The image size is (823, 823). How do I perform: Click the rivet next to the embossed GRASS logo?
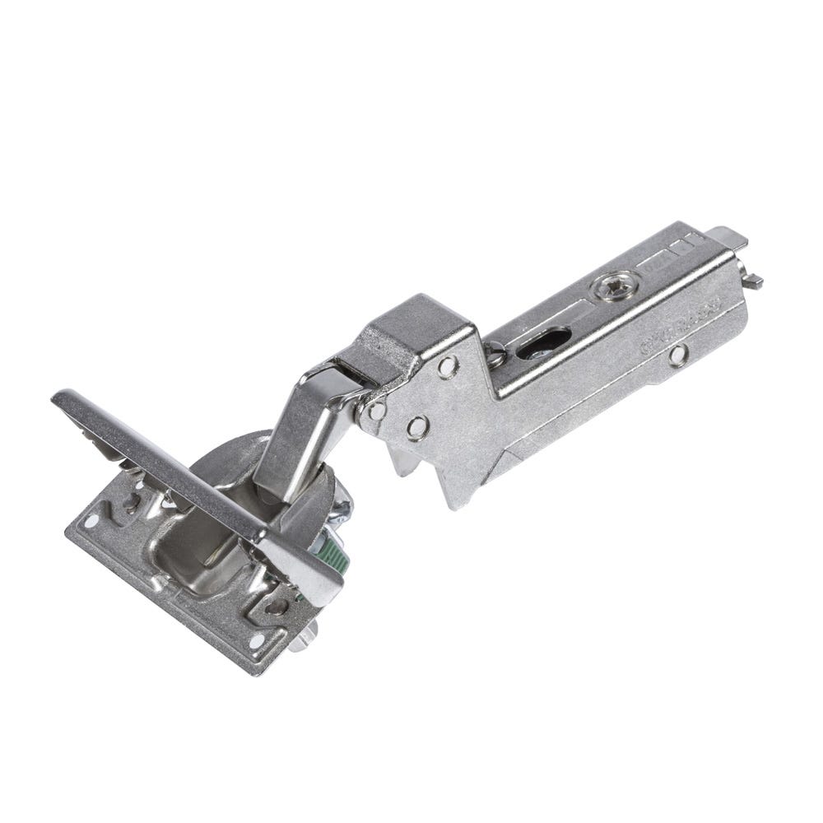pos(677,356)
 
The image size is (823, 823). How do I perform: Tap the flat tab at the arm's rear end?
pos(728,236)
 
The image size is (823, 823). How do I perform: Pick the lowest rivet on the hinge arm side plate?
pos(418,425)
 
